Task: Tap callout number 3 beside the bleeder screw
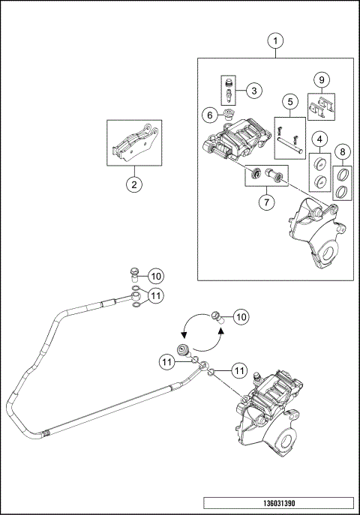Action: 254,91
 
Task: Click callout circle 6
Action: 209,115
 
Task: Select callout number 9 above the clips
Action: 321,79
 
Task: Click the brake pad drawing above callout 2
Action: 132,143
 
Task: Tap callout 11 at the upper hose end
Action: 156,295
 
